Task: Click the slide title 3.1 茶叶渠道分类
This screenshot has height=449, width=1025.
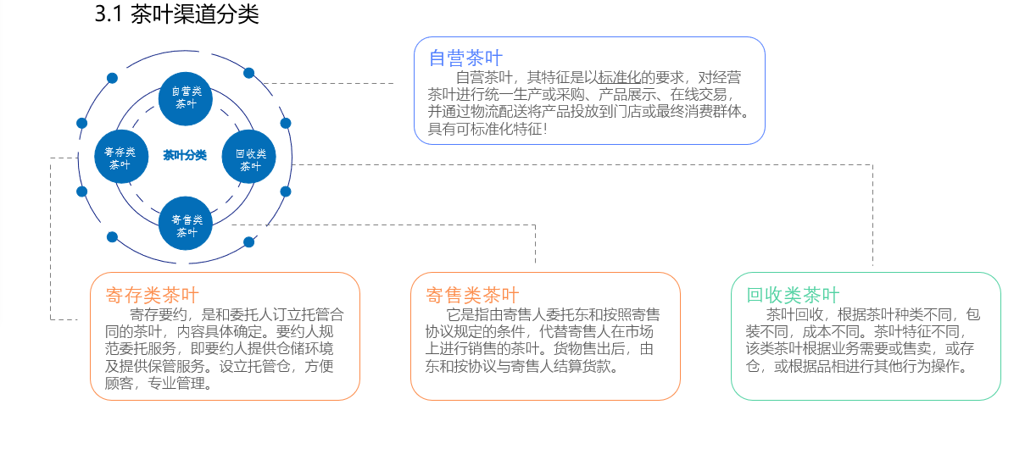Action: tap(177, 15)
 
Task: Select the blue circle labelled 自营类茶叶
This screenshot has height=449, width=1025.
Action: tap(186, 97)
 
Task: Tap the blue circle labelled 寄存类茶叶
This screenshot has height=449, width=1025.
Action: tap(120, 158)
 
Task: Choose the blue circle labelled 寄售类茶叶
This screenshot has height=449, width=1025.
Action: tap(186, 224)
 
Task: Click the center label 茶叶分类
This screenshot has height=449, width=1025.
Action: tap(185, 155)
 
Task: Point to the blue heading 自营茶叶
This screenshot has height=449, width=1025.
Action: tap(465, 58)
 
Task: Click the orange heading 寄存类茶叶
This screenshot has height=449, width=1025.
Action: tap(153, 295)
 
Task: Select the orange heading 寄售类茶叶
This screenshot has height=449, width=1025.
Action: tap(472, 295)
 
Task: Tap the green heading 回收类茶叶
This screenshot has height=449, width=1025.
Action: tap(793, 295)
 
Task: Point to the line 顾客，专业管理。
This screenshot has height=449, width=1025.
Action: tap(159, 385)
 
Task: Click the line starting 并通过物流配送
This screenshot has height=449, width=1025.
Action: tap(588, 111)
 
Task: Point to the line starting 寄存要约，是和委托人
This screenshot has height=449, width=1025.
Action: tap(237, 314)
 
